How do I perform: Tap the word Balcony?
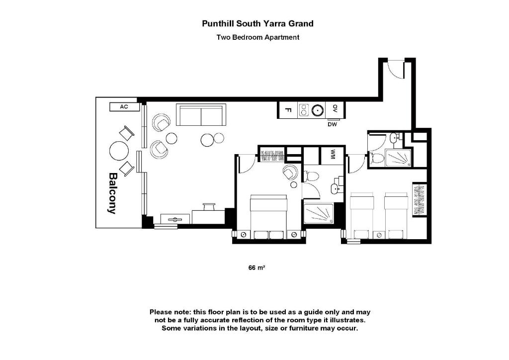click(x=112, y=193)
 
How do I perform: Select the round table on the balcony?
click(x=119, y=150)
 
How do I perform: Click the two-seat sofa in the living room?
click(x=201, y=115)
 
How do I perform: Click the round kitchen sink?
click(x=317, y=110)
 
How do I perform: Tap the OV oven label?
click(x=336, y=109)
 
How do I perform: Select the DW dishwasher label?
click(x=332, y=124)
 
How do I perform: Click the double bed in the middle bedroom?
click(x=269, y=215)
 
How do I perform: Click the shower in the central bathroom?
click(x=319, y=214)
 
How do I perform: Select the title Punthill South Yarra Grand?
click(x=257, y=23)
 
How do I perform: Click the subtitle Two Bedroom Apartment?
click(x=257, y=37)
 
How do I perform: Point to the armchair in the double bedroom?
click(x=290, y=173)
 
